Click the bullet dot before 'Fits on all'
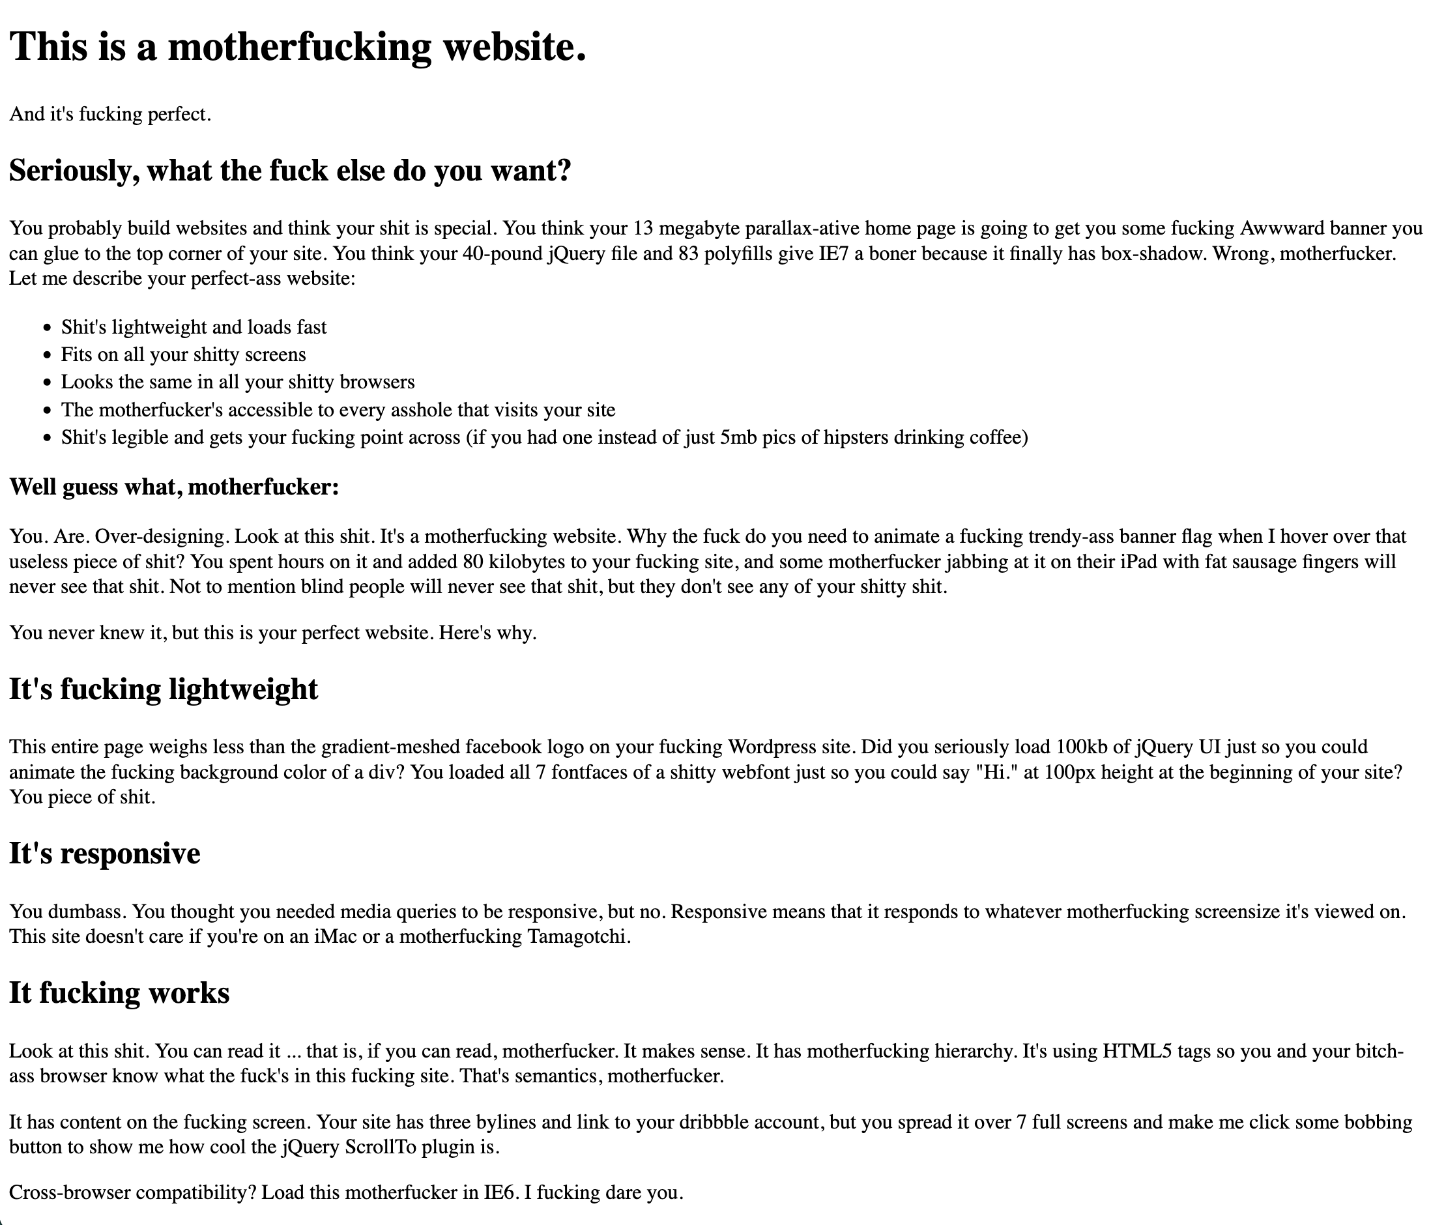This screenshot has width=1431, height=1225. [x=47, y=355]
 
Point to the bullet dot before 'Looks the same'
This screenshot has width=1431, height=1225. [x=47, y=382]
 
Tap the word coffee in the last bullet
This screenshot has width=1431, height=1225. [x=996, y=438]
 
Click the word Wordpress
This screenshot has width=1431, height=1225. [x=771, y=747]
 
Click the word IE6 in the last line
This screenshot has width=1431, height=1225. [x=500, y=1192]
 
